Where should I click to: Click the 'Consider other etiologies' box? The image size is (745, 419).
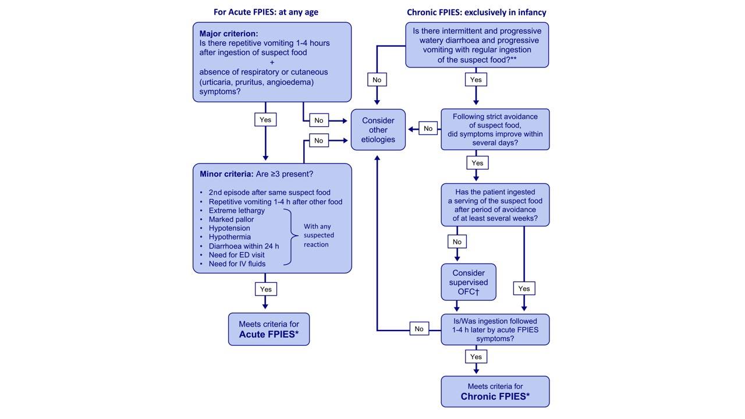[x=378, y=130]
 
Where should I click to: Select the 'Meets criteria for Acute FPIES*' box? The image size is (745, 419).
[x=269, y=329]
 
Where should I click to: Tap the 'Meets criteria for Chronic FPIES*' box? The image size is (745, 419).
[x=495, y=392]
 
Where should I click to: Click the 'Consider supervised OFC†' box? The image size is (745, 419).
[x=469, y=282]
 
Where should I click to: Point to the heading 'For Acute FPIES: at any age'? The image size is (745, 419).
[x=266, y=12]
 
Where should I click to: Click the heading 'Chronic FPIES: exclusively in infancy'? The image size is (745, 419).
[x=477, y=12]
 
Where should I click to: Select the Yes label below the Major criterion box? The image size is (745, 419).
[x=265, y=120]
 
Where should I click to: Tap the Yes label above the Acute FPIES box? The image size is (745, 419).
[x=266, y=289]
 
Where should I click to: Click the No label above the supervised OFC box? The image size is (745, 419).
[x=457, y=242]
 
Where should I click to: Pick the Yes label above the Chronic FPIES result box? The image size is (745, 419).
[x=476, y=357]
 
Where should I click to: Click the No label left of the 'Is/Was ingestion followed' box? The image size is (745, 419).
[x=419, y=329]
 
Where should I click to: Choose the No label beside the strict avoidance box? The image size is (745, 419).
[x=428, y=129]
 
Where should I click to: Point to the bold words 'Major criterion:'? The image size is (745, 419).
[x=229, y=34]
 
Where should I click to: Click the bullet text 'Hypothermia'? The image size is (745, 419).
[x=230, y=237]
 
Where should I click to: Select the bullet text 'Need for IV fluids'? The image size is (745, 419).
[x=237, y=264]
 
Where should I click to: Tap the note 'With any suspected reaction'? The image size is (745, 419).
[x=318, y=235]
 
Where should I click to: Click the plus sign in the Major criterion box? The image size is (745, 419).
[x=272, y=62]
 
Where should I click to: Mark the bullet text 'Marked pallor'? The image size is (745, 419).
[x=231, y=219]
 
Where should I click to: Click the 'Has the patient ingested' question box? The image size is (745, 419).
[x=495, y=205]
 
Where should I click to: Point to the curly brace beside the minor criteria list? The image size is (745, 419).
[x=292, y=237]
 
